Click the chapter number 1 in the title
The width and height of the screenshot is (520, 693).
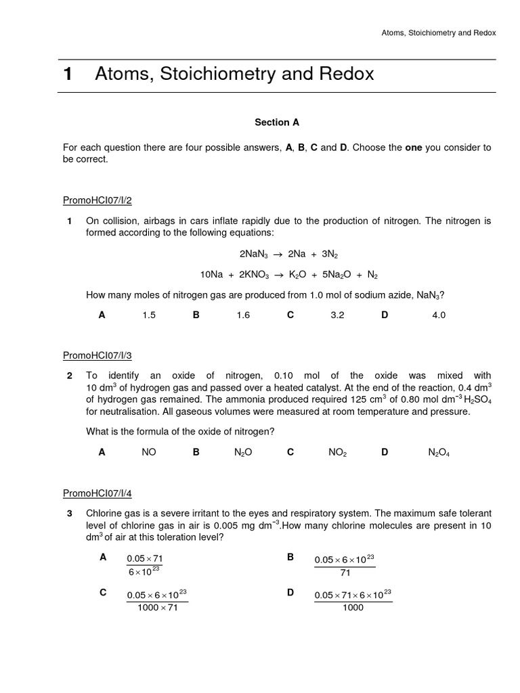(68, 74)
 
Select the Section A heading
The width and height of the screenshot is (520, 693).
(276, 122)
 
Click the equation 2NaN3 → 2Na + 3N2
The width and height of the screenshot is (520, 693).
(288, 254)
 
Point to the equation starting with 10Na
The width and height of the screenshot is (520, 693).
(288, 275)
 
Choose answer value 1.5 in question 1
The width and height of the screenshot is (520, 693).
(149, 315)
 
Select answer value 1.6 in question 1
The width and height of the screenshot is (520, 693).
(243, 315)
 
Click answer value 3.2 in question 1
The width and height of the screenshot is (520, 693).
(337, 315)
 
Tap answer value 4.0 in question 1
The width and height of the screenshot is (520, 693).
(439, 315)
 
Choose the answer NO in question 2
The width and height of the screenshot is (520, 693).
(149, 453)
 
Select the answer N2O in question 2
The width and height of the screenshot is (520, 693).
(243, 453)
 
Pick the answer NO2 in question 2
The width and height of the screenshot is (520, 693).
(337, 453)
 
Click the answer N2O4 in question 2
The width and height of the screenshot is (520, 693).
(439, 453)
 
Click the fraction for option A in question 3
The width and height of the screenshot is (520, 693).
(145, 565)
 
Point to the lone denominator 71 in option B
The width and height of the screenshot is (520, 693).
(345, 573)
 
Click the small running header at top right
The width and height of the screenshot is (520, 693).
(438, 32)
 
